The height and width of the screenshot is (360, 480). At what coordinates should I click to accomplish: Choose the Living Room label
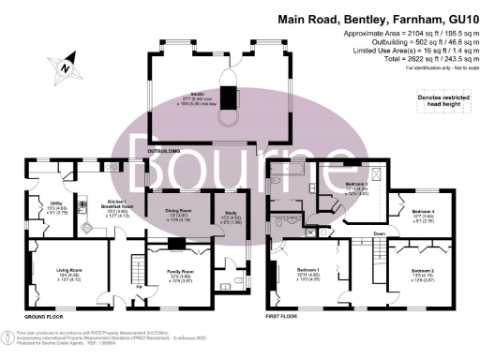[70, 275]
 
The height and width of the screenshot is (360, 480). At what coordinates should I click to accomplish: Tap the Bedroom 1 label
[308, 274]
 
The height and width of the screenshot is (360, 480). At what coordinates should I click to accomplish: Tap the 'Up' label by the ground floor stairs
[141, 286]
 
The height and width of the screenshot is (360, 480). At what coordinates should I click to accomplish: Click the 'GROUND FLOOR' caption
[44, 160]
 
